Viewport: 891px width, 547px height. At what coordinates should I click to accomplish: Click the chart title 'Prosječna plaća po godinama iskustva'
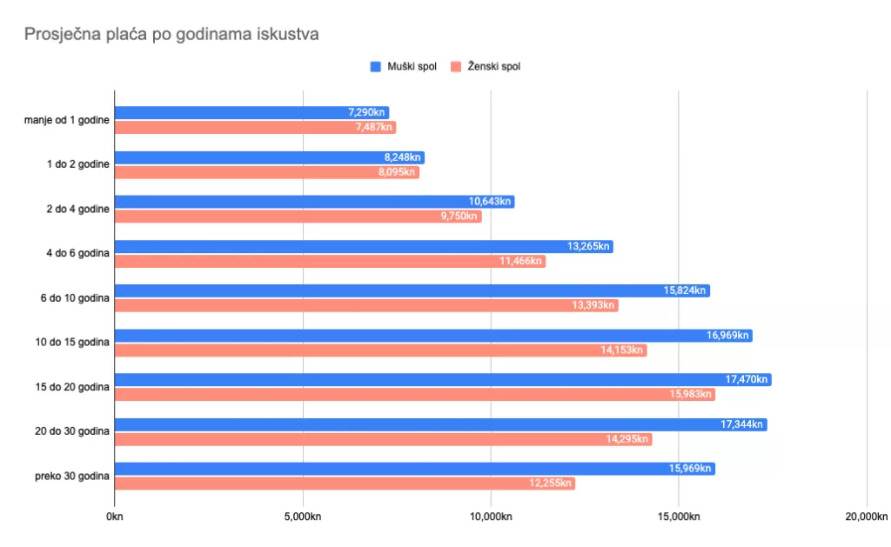[x=171, y=35]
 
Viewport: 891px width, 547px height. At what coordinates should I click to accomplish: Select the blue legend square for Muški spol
[x=376, y=67]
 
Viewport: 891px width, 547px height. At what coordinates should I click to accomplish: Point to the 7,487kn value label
[x=373, y=127]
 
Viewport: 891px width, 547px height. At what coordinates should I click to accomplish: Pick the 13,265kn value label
[x=589, y=246]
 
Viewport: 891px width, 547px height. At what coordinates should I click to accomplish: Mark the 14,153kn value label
[x=623, y=350]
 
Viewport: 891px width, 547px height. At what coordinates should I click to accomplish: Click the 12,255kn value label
[x=551, y=484]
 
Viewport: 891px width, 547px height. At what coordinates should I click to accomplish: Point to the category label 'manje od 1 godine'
[x=67, y=120]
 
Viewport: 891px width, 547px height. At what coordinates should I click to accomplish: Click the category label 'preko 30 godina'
[x=71, y=477]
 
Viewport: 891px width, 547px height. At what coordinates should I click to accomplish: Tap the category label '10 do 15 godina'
[x=72, y=343]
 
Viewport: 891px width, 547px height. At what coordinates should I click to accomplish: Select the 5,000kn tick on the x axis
[x=303, y=517]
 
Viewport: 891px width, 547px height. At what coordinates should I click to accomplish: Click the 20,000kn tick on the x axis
[x=867, y=517]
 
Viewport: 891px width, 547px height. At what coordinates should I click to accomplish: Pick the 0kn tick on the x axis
[x=113, y=517]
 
